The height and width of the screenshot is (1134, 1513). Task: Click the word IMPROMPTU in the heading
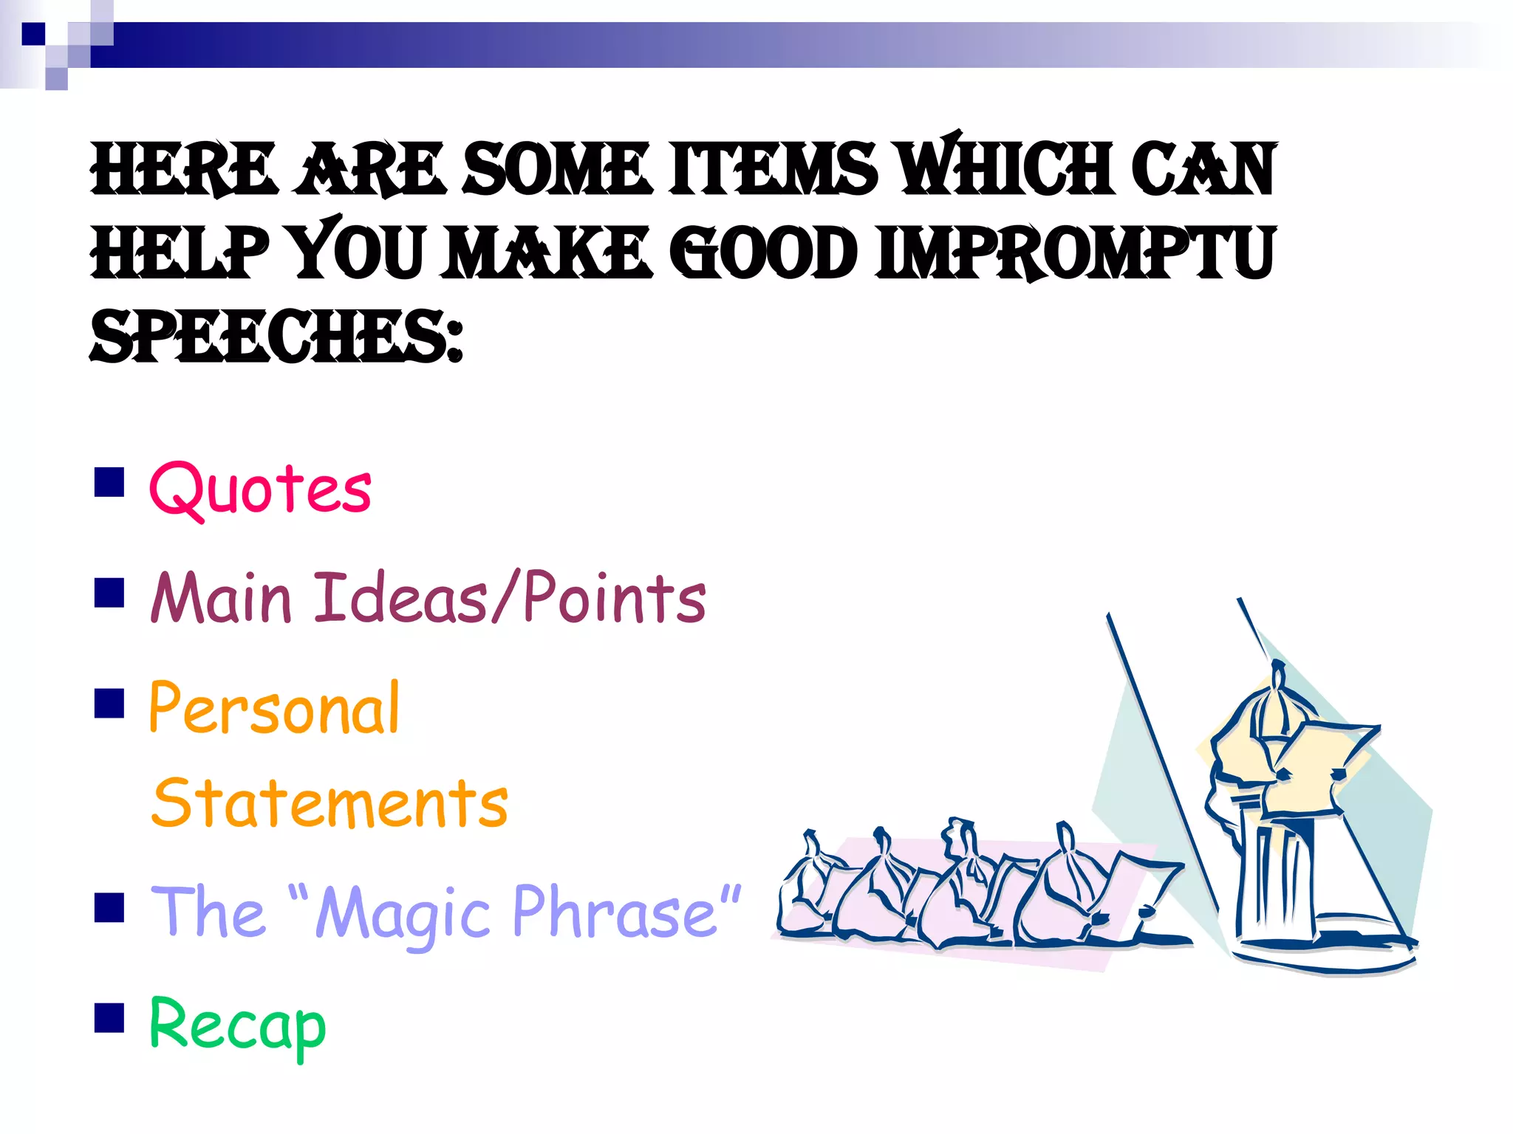tap(1075, 254)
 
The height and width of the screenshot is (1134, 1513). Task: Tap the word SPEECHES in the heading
tap(275, 337)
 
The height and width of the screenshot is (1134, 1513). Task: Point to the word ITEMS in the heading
tap(773, 170)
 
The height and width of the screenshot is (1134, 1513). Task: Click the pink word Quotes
tap(260, 489)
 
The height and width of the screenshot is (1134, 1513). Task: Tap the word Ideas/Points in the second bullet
tap(510, 598)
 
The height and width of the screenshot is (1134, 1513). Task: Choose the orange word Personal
tap(274, 709)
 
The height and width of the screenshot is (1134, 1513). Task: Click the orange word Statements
tap(330, 803)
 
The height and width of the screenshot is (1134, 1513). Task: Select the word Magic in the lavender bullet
tap(403, 914)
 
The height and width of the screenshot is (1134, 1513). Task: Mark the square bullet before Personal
tap(109, 704)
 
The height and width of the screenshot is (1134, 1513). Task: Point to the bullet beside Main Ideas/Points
tap(109, 592)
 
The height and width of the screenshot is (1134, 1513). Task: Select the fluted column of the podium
tap(1277, 879)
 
